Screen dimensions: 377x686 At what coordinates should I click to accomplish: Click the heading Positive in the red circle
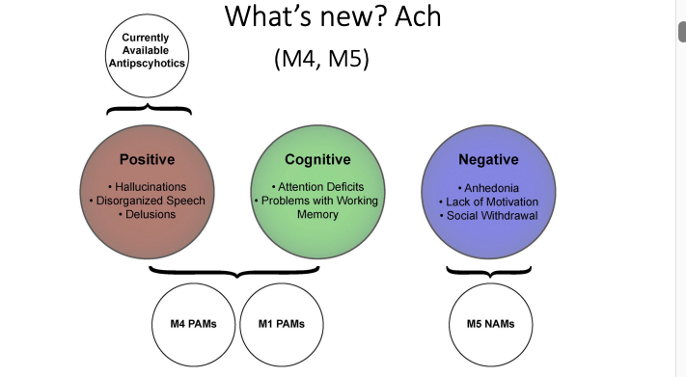point(147,159)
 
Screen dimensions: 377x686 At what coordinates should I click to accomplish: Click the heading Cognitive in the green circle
point(317,159)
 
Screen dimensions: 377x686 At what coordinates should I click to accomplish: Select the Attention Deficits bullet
point(317,187)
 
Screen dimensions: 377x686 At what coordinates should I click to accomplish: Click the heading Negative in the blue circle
point(489,159)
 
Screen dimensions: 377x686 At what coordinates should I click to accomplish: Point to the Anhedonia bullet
point(489,187)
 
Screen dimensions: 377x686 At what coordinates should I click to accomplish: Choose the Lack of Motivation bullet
point(489,201)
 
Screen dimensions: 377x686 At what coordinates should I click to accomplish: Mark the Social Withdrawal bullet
point(489,214)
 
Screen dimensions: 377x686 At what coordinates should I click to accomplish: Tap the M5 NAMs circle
point(489,323)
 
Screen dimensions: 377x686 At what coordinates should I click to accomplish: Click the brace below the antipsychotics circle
point(148,110)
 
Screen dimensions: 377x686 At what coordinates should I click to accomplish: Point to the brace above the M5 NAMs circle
point(489,271)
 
